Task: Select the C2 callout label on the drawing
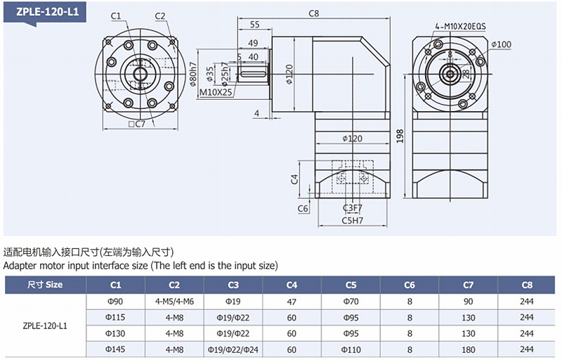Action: point(159,15)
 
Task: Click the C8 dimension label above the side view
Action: point(314,13)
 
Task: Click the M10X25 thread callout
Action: point(215,92)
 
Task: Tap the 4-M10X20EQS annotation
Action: point(461,26)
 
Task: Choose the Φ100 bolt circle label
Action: point(502,44)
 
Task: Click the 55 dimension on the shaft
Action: point(254,25)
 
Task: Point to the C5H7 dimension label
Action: point(352,220)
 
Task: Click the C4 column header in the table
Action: point(292,285)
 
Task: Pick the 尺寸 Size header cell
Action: point(45,285)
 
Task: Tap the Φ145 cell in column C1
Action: point(116,349)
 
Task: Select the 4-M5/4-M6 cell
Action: point(174,301)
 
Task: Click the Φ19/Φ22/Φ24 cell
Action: point(233,349)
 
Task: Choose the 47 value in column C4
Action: point(292,301)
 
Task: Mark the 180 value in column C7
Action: point(469,349)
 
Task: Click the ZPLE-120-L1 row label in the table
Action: point(45,326)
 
